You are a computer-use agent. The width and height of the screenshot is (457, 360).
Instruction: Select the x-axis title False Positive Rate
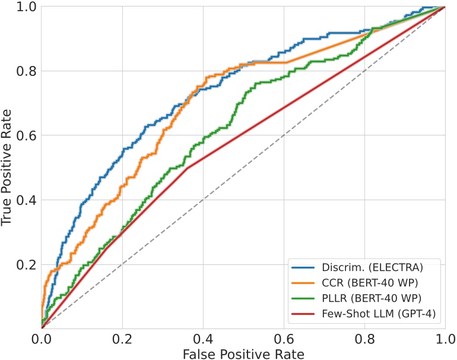243,354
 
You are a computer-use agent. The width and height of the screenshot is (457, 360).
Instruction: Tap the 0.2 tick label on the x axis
122,339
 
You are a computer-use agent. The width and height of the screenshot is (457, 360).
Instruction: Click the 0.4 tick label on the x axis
203,339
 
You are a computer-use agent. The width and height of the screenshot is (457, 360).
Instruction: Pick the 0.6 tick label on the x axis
284,339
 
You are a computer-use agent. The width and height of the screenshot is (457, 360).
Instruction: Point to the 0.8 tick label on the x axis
364,339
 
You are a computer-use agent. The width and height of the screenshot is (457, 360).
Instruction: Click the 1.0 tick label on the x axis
445,339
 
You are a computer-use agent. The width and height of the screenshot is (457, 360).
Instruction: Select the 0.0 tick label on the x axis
42,339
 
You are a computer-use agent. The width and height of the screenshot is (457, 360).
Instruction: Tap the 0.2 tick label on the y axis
26,264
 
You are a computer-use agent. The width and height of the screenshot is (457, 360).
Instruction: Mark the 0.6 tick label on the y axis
26,135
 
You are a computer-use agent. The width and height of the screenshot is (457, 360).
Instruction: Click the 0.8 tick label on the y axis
26,71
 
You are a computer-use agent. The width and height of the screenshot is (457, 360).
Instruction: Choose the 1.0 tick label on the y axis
26,7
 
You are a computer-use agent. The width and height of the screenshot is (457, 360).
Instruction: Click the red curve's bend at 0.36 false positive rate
187,168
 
